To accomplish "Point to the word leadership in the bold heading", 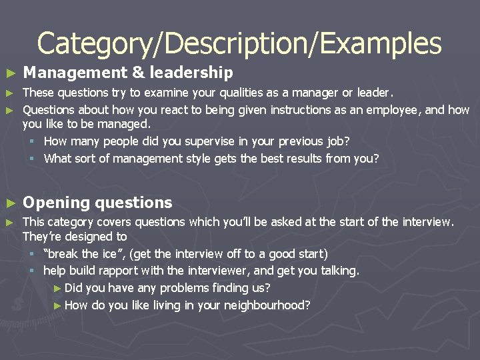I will pyautogui.click(x=191, y=72).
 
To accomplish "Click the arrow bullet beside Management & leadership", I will pyautogui.click(x=9, y=73).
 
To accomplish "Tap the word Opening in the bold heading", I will pyautogui.click(x=56, y=203).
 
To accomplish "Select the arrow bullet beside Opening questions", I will pyautogui.click(x=9, y=203).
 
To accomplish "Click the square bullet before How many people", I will pyautogui.click(x=31, y=141).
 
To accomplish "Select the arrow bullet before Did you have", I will pyautogui.click(x=57, y=289).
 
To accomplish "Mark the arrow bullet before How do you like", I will pyautogui.click(x=57, y=306).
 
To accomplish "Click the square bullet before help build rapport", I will pyautogui.click(x=31, y=271).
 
